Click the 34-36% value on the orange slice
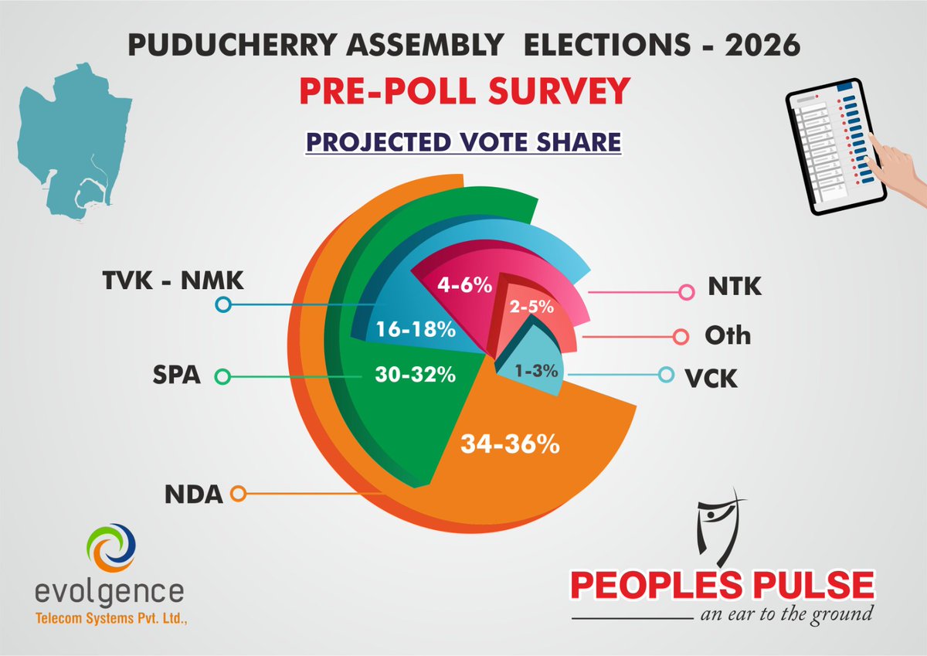[511, 446]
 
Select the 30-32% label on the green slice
[416, 376]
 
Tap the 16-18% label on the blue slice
[416, 331]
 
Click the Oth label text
[727, 337]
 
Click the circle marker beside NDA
[239, 493]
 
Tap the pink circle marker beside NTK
[685, 292]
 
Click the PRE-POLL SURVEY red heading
[462, 92]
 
